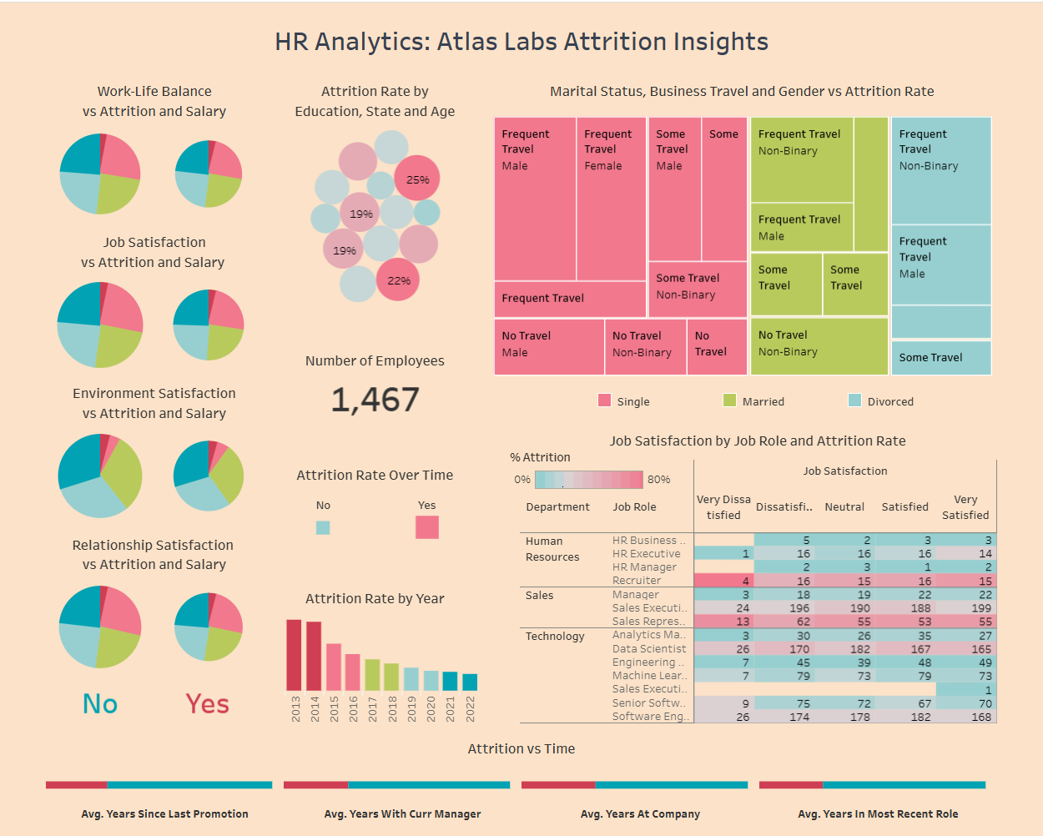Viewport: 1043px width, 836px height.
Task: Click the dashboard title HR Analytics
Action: (x=521, y=42)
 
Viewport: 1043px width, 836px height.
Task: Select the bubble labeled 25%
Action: (x=417, y=179)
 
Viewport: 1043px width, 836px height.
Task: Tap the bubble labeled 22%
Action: (x=398, y=280)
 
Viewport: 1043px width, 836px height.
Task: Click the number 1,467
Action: (x=375, y=400)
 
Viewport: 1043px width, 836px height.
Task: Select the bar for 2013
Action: (x=294, y=655)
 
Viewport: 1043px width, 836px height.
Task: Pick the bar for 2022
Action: (x=470, y=682)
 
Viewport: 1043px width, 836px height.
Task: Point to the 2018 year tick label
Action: (x=392, y=709)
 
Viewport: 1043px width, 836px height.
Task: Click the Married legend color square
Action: (x=729, y=400)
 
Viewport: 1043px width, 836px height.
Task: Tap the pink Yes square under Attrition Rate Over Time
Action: (x=427, y=527)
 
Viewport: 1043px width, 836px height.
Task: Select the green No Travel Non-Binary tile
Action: (x=819, y=346)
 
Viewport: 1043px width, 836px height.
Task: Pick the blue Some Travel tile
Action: (x=940, y=357)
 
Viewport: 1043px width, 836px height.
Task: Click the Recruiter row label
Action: (x=637, y=581)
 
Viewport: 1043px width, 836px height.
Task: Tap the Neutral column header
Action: (x=844, y=506)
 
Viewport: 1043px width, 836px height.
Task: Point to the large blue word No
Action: (x=100, y=704)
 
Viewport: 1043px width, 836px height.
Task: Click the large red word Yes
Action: (x=207, y=704)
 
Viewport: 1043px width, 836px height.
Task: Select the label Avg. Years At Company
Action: (x=640, y=813)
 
